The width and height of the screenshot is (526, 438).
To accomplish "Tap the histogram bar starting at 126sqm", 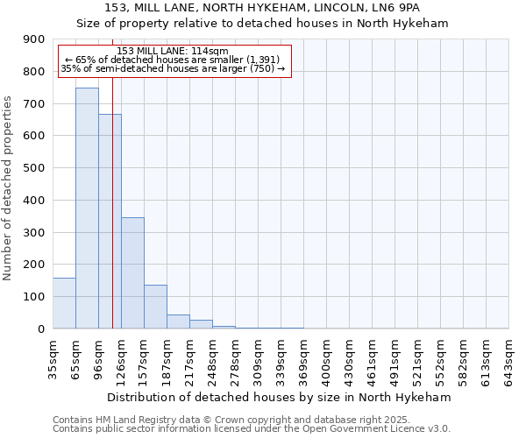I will (132, 272).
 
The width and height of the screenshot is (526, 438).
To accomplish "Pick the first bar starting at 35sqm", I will (64, 303).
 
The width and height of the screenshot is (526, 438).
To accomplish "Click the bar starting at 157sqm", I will (155, 307).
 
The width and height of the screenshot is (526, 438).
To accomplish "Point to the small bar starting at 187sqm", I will (178, 321).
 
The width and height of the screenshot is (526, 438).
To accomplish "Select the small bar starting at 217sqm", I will (201, 324).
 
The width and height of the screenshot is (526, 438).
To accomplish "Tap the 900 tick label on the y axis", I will (34, 39).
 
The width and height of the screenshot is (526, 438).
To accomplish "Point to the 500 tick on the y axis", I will (34, 168).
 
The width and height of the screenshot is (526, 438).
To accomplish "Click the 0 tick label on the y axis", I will (40, 328).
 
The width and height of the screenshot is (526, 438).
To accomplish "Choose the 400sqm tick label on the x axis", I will (326, 358).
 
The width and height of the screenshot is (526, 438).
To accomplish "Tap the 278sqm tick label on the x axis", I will (235, 358).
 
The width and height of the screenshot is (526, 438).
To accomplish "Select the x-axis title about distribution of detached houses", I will (281, 397).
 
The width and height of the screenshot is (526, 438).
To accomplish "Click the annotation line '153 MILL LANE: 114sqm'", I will (173, 51).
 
